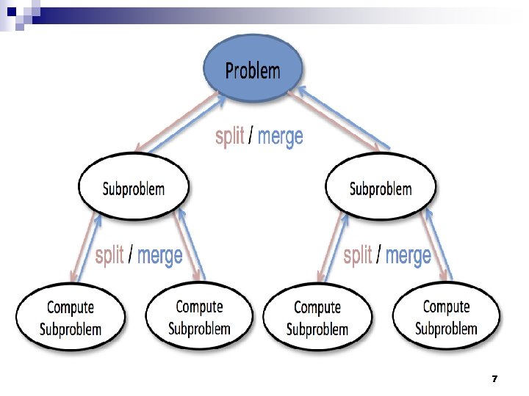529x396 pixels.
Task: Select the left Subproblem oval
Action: (x=133, y=188)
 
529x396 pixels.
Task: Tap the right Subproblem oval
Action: (x=380, y=188)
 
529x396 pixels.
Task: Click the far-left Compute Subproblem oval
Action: (x=71, y=318)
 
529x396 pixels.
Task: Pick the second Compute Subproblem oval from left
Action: (x=199, y=317)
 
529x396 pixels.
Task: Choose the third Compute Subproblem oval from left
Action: (x=317, y=318)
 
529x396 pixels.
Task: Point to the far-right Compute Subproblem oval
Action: (x=446, y=317)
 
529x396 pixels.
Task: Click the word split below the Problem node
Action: (x=230, y=136)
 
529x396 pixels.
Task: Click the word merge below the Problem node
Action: (x=280, y=136)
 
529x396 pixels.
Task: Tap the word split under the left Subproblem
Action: (x=109, y=255)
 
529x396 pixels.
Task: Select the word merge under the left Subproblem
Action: (x=159, y=255)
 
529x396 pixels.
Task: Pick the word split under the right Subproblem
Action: (x=358, y=255)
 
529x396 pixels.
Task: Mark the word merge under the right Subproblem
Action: (x=408, y=255)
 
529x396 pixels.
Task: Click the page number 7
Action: (x=494, y=379)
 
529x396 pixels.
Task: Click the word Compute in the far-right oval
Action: (x=446, y=307)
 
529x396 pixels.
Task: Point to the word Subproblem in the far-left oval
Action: (x=71, y=329)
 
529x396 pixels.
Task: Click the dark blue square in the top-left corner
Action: (x=11, y=11)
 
